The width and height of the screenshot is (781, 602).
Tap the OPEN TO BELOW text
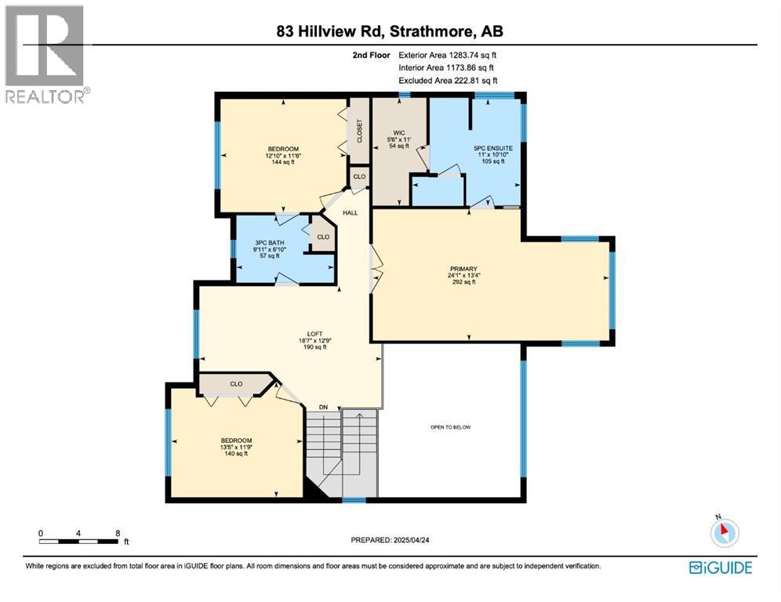450,427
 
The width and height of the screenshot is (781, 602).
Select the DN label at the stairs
322,407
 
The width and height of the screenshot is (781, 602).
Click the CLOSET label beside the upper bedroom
360,131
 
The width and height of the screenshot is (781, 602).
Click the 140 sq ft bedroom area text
236,454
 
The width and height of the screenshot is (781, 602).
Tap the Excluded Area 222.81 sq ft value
467,81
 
